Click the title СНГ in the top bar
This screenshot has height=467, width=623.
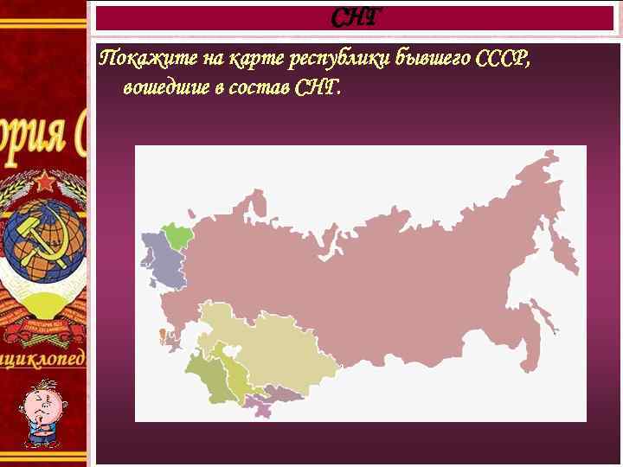355,17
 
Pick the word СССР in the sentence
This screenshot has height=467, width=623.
502,60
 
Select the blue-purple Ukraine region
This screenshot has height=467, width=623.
164,263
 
